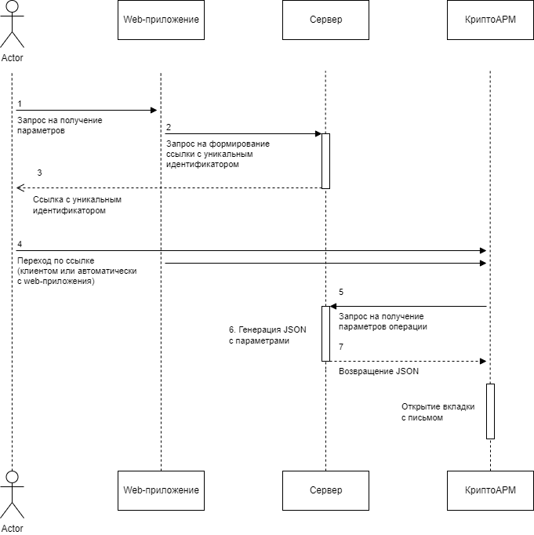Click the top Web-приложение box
[x=161, y=20]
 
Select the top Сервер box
[x=325, y=20]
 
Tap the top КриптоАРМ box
[x=490, y=20]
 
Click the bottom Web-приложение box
[x=161, y=490]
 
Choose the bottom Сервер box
[x=325, y=490]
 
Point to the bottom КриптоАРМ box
[x=490, y=490]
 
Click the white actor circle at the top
[x=12, y=6]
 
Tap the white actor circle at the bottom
[x=12, y=477]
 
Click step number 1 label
[x=20, y=104]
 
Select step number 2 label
[x=169, y=127]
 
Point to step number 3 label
[x=39, y=173]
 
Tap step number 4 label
[x=20, y=244]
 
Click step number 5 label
[x=341, y=292]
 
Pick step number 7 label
[x=341, y=347]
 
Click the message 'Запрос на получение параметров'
[x=60, y=126]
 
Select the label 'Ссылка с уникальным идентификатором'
[x=77, y=205]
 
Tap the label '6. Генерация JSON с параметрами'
[x=267, y=335]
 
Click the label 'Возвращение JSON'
[x=378, y=371]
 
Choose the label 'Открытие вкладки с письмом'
[x=438, y=412]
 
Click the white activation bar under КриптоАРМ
[x=490, y=411]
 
